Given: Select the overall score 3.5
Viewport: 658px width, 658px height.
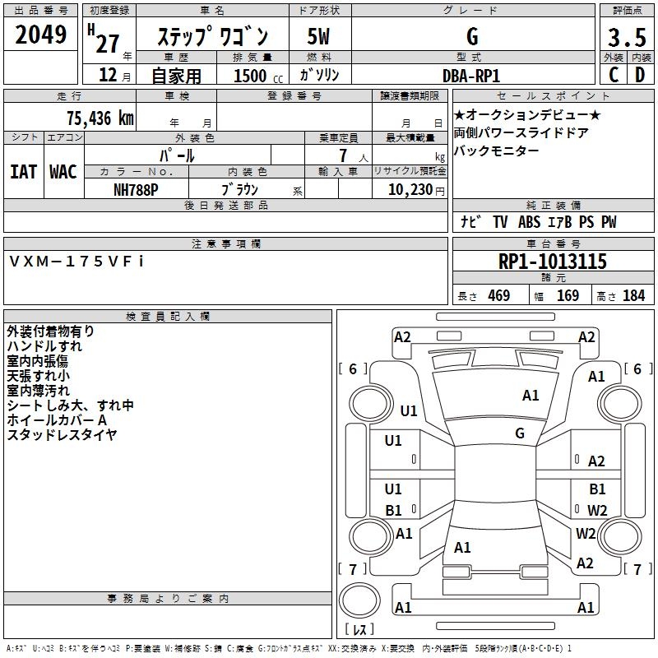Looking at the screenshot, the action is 626,38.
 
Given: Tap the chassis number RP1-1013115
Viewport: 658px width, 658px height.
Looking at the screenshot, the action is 552,262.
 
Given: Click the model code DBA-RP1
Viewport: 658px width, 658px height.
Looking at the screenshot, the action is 471,75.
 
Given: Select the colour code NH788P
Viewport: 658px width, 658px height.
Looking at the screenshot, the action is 137,188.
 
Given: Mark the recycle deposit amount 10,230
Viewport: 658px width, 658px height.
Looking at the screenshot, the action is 410,188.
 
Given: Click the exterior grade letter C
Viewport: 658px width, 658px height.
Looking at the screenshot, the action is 613,75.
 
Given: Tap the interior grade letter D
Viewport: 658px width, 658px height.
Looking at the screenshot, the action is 640,75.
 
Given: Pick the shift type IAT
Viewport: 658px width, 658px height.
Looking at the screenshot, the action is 23,171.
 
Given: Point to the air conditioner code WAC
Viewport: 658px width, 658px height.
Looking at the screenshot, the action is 63,171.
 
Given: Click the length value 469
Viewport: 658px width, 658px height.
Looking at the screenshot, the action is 498,295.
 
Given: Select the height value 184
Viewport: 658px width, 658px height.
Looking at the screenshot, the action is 633,295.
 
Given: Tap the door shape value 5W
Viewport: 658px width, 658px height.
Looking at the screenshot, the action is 318,37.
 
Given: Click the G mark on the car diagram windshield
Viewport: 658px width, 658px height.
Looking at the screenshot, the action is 520,433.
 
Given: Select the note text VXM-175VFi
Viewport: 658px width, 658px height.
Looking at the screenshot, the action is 76,261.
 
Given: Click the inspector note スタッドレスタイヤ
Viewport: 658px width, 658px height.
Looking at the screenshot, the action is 62,435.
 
